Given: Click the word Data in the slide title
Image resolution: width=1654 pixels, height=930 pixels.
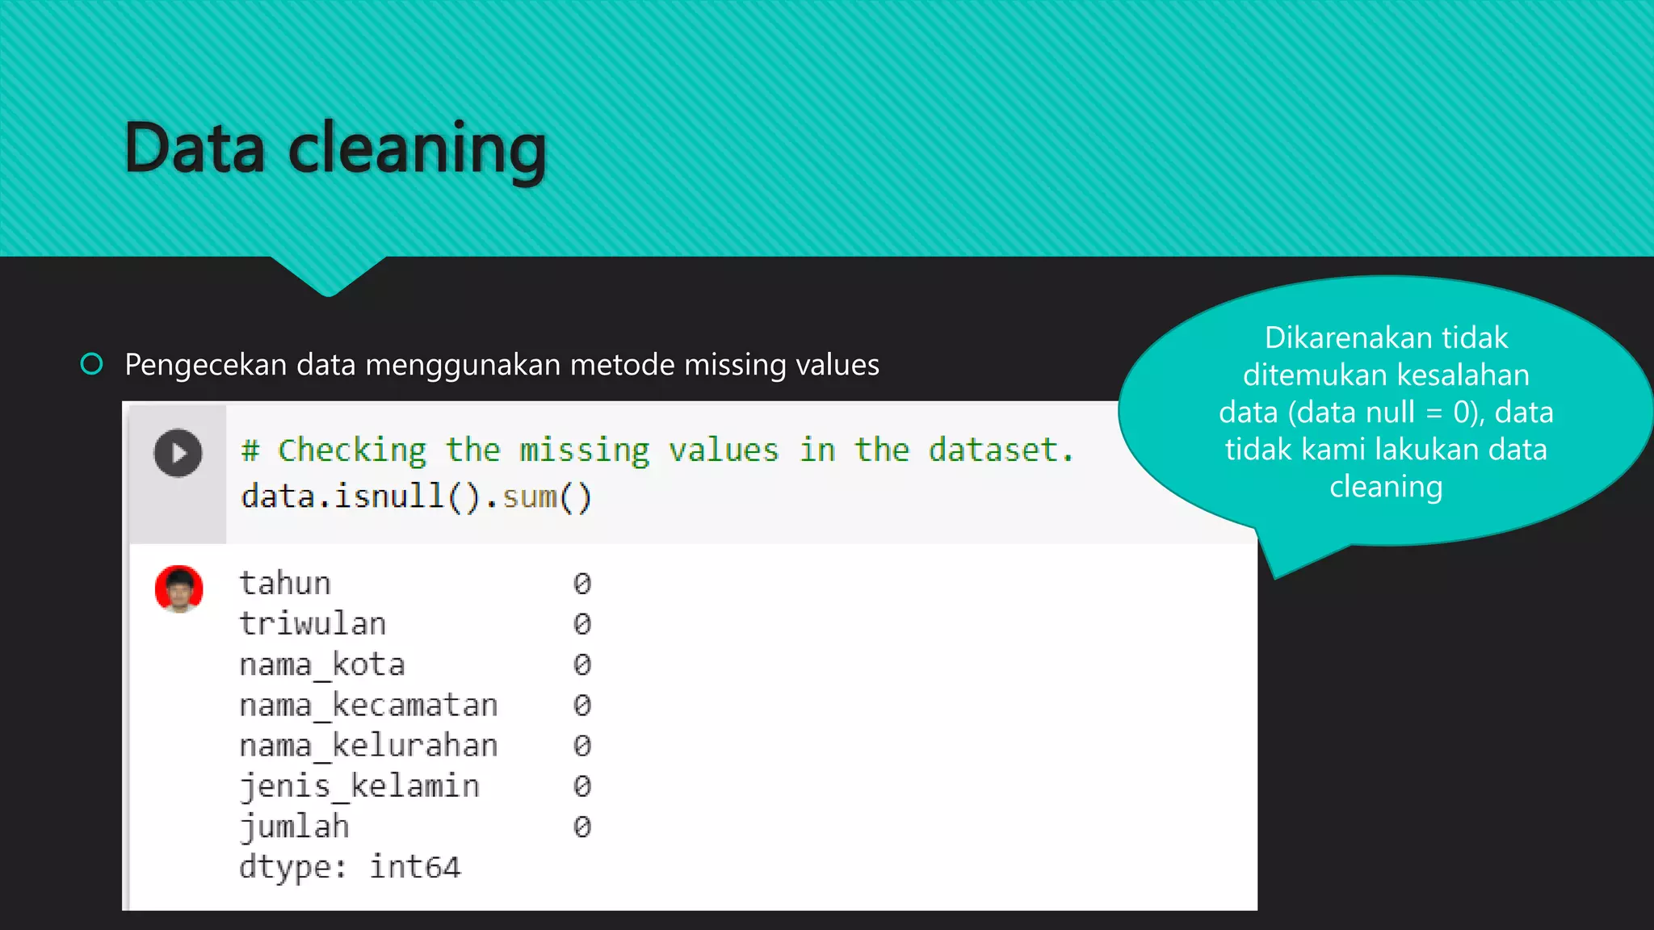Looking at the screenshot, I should tap(195, 149).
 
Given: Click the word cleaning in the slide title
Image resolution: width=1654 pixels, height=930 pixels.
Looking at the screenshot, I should tap(417, 150).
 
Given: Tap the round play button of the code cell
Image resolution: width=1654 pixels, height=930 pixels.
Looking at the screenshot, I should tap(178, 453).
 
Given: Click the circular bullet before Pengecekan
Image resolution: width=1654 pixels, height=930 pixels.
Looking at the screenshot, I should tap(92, 364).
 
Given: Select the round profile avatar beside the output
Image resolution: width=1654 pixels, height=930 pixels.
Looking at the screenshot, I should tap(178, 589).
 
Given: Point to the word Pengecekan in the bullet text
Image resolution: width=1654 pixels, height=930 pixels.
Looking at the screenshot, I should tap(205, 365).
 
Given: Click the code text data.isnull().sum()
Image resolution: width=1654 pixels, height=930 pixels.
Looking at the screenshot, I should tap(416, 496).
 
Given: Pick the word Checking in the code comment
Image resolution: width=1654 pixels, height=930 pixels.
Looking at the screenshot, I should tap(352, 450).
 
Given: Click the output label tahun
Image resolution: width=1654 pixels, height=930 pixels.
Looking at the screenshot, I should tap(285, 583).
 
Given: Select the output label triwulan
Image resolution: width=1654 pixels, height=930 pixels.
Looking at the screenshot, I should tap(313, 623).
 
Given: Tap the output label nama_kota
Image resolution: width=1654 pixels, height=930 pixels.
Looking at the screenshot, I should tap(321, 664).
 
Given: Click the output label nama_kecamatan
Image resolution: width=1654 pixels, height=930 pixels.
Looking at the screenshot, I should tap(368, 705).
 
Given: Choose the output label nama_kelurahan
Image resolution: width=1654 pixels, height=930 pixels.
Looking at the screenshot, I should tap(368, 745).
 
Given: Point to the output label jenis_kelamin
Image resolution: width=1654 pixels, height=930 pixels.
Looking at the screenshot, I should tap(359, 785).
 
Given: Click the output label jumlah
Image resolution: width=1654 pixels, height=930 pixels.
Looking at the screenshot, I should tap(294, 826).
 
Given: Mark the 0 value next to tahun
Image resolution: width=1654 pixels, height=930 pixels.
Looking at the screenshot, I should tap(581, 583).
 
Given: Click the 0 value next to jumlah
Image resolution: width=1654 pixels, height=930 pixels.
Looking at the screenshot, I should tap(581, 826).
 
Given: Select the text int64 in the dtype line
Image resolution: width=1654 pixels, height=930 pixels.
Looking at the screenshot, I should tap(415, 867).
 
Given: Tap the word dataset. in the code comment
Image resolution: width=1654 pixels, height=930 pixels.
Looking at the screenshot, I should tap(1001, 450).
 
